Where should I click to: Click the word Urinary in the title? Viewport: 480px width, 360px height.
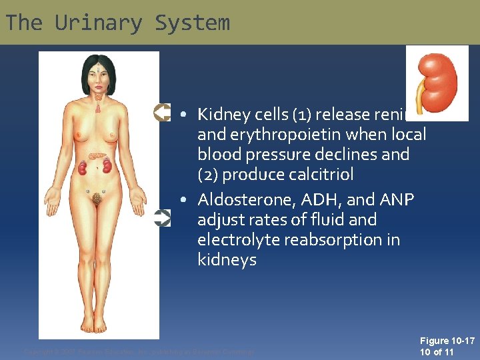click(99, 23)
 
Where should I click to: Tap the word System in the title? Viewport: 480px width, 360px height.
click(192, 23)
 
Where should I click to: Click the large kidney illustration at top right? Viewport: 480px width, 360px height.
click(437, 83)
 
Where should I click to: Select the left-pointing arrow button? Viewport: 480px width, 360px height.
click(162, 112)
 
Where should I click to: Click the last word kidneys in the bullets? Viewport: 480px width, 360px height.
click(227, 259)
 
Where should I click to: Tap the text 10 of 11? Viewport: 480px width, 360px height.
click(437, 352)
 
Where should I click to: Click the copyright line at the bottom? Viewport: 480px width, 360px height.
click(139, 351)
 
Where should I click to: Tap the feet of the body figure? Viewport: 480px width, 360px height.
click(99, 325)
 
